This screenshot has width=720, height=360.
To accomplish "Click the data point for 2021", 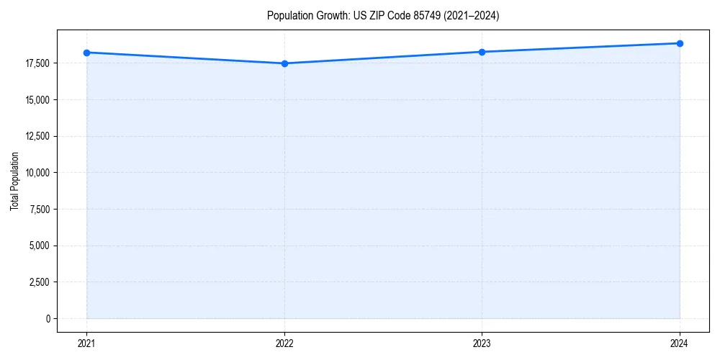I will (86, 53).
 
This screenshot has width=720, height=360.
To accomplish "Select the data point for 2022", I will (284, 63).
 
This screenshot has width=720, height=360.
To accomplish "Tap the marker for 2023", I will (482, 52).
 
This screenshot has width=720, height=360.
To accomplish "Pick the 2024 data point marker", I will (680, 43).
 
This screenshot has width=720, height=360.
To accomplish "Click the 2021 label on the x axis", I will (86, 343).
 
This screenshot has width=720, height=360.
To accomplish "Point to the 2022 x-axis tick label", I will (284, 343).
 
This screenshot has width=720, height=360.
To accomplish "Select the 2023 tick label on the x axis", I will (482, 343).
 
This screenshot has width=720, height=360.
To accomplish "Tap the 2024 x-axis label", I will (680, 343).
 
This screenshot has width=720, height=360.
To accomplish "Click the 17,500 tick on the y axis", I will (37, 63).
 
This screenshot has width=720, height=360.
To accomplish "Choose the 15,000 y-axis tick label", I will (37, 100).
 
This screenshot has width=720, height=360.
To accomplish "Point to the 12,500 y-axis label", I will (37, 136).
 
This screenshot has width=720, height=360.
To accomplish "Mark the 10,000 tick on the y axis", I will (37, 173).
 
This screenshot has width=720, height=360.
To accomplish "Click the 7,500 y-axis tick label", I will (40, 210).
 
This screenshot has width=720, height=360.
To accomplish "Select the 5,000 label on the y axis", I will (40, 246).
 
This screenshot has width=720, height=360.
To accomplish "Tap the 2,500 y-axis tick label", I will (40, 282).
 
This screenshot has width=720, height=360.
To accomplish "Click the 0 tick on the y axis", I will (48, 318).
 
